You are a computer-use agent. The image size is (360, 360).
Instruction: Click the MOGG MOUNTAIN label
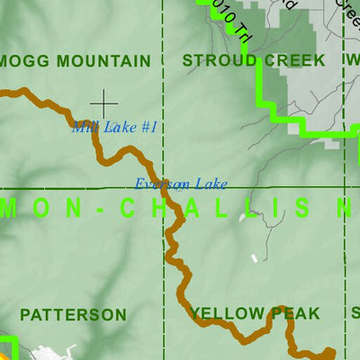click(x=76, y=61)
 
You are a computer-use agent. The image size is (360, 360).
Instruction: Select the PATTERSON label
click(x=73, y=315)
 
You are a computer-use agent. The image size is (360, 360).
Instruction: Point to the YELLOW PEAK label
click(x=255, y=313)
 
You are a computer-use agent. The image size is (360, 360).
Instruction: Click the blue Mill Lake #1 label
click(x=114, y=128)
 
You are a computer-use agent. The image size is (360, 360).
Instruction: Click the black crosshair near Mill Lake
click(x=103, y=103)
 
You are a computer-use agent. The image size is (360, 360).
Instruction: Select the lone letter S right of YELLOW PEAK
click(x=355, y=313)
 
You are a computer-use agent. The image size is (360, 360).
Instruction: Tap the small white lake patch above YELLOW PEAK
click(x=254, y=258)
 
